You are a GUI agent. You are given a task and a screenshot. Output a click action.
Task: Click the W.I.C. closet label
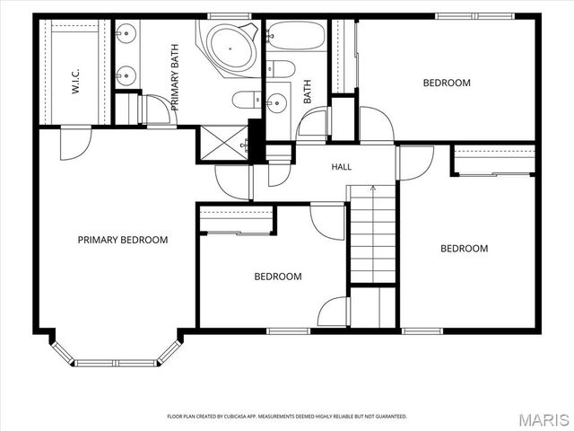(75, 81)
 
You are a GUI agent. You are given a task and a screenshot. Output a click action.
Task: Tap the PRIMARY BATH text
(176, 77)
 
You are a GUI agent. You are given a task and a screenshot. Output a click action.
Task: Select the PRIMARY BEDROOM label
(123, 240)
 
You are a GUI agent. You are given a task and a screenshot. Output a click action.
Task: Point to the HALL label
(342, 167)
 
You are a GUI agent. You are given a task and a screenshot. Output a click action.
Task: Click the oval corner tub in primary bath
(230, 48)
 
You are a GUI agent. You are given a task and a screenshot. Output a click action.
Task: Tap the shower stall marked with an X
(223, 144)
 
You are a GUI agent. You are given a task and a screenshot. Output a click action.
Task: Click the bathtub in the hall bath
(296, 35)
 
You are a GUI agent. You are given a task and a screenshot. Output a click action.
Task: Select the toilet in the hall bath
(281, 68)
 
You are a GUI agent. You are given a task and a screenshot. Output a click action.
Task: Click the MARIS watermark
(544, 420)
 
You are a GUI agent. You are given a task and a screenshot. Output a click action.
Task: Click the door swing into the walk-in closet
(75, 144)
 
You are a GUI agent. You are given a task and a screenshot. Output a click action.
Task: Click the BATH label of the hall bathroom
(308, 92)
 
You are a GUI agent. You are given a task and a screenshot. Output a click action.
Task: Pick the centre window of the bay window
(117, 364)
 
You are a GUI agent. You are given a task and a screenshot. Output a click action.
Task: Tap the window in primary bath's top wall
(230, 16)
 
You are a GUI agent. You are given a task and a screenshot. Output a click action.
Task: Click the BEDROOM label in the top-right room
(447, 83)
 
